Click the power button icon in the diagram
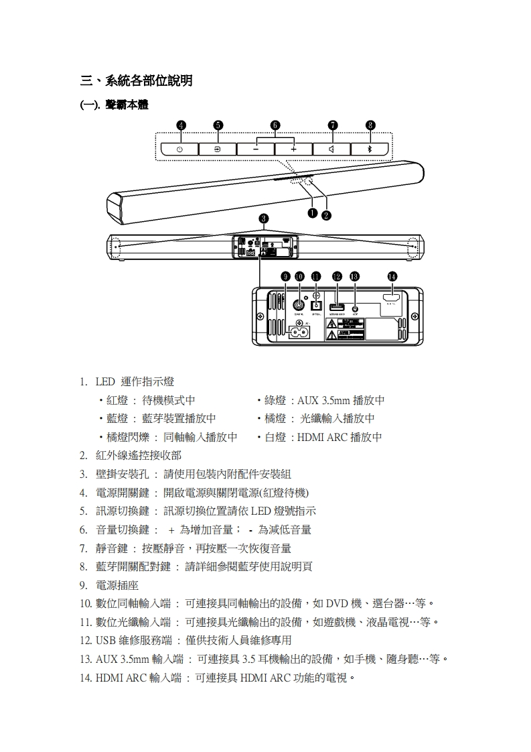(x=179, y=149)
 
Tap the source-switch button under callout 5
(x=218, y=149)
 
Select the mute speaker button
(x=332, y=149)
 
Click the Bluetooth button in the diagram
(x=370, y=149)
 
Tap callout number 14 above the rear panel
(x=392, y=276)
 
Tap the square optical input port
(x=317, y=305)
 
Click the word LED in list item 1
(x=105, y=381)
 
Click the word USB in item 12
(x=106, y=640)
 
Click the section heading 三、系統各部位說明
(x=137, y=81)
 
